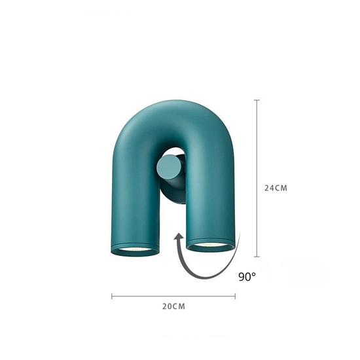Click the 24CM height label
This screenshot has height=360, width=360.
click(x=276, y=188)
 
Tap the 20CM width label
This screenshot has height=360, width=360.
click(x=173, y=306)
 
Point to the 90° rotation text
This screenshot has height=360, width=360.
click(x=247, y=277)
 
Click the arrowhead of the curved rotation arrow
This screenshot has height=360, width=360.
click(x=178, y=237)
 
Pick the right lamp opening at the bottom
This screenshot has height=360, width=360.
click(x=210, y=245)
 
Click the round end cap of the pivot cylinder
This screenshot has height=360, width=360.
click(x=168, y=167)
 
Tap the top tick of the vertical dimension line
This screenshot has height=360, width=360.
click(x=257, y=100)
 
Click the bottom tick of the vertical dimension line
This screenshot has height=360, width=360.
click(x=257, y=257)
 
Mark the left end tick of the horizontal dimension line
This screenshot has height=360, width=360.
click(x=112, y=296)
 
